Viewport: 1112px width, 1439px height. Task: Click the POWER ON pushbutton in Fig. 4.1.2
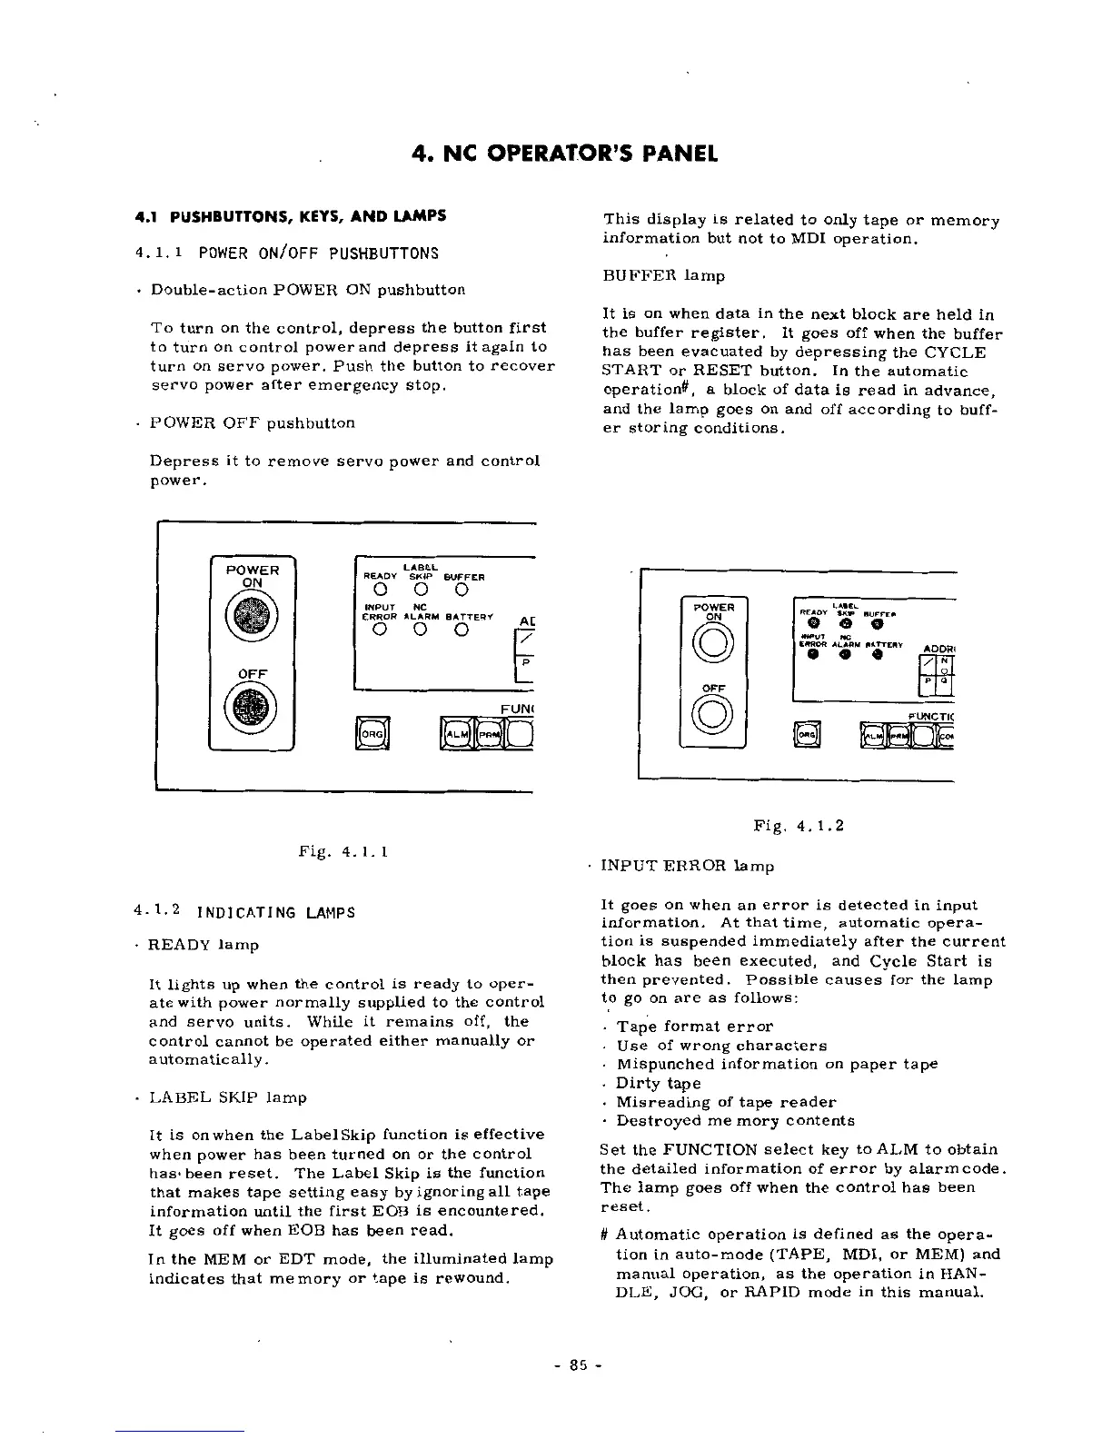pos(713,643)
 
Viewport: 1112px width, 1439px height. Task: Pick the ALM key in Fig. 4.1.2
pos(873,736)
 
